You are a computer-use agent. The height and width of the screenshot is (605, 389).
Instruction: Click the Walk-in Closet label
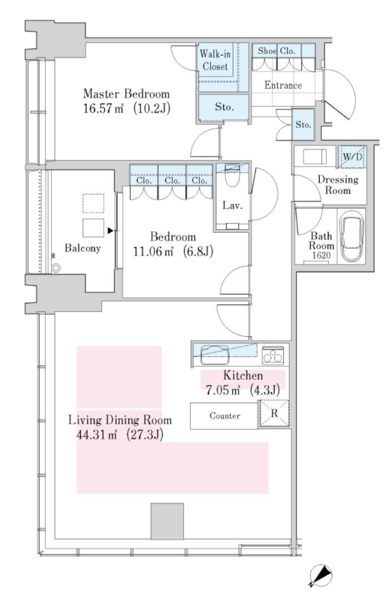tap(215, 60)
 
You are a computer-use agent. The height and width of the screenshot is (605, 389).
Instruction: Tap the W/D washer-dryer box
tap(352, 156)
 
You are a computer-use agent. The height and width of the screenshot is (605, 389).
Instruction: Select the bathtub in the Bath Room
tap(351, 238)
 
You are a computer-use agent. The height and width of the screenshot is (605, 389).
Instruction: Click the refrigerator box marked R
tap(274, 414)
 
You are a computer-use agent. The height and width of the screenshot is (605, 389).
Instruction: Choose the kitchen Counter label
tap(225, 415)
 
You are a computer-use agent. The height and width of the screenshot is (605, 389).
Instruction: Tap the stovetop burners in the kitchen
tap(273, 354)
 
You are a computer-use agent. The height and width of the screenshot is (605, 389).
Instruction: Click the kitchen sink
tap(215, 353)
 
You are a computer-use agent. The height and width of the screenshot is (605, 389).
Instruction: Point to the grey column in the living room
tap(167, 521)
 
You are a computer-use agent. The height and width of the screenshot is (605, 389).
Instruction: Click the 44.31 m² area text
tap(97, 435)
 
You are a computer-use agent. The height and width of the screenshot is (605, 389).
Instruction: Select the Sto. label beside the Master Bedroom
tap(224, 106)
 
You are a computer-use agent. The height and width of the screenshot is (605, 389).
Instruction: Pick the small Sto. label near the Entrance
tap(303, 125)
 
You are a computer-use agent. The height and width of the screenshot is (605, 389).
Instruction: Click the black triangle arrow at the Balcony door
tap(110, 231)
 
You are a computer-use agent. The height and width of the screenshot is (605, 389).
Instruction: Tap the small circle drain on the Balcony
tap(56, 268)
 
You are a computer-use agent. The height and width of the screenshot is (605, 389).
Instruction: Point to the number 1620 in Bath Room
tap(321, 255)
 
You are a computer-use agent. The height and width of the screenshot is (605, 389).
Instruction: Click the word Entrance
tap(283, 85)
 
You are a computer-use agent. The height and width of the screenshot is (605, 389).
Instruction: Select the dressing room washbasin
tap(315, 157)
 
